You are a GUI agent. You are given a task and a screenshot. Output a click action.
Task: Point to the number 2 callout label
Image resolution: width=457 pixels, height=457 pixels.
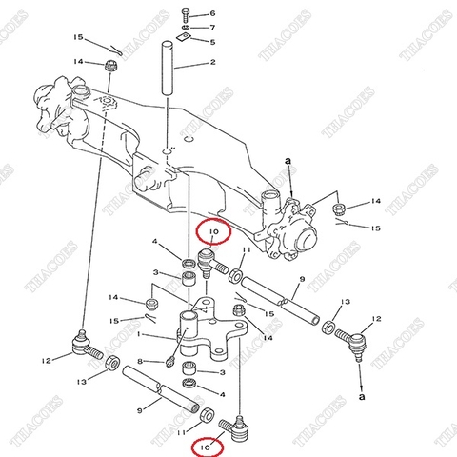pyautogui.click(x=212, y=63)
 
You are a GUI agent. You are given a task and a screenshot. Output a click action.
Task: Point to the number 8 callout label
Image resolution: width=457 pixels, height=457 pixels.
pyautogui.click(x=140, y=361)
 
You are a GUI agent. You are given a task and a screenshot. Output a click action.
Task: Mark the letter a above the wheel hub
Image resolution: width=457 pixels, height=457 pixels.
pyautogui.click(x=287, y=164)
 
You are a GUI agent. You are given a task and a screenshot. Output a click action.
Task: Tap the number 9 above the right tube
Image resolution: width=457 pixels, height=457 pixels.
pyautogui.click(x=301, y=280)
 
